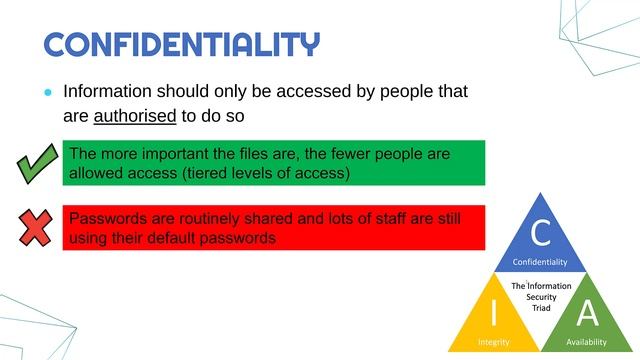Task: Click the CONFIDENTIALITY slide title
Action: pyautogui.click(x=182, y=44)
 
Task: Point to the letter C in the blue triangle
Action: pyautogui.click(x=540, y=233)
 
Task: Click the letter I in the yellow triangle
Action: pyautogui.click(x=492, y=313)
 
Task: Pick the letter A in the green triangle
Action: pyautogui.click(x=588, y=313)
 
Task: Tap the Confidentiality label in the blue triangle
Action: pyautogui.click(x=540, y=262)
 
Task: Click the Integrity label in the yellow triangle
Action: pyautogui.click(x=493, y=341)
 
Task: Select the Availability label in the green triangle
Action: pyautogui.click(x=587, y=341)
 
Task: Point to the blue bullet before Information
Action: pyautogui.click(x=46, y=91)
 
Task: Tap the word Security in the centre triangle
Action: pyautogui.click(x=541, y=298)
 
